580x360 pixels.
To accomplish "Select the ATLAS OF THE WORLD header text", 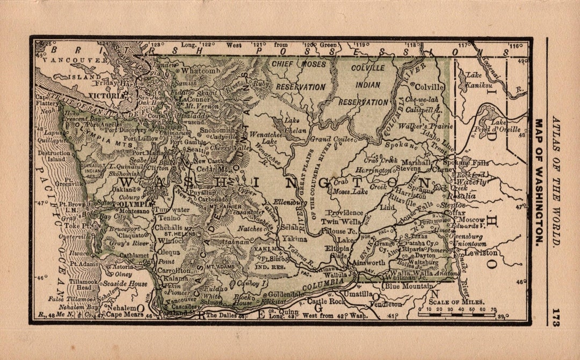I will click(x=556, y=182).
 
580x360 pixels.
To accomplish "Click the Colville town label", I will click(x=430, y=87).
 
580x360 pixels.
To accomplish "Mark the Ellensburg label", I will click(x=290, y=203).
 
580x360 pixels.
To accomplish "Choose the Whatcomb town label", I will click(x=201, y=70).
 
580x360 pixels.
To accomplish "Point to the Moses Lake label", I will click(x=351, y=191).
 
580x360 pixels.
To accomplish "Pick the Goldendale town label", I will click(x=286, y=294).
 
